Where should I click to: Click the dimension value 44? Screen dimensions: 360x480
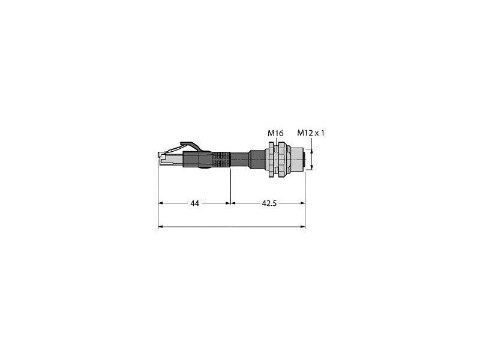tap(194, 204)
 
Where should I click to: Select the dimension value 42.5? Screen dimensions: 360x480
tap(268, 204)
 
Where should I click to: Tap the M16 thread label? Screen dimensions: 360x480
tap(274, 133)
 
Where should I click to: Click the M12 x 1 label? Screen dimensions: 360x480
tap(311, 133)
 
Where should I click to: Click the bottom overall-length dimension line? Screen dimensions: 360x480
tap(231, 227)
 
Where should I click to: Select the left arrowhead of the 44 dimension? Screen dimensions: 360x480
tap(161, 203)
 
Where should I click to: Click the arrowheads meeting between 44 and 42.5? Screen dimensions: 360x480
tap(231, 203)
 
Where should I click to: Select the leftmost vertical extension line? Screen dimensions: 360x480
tap(158, 192)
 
